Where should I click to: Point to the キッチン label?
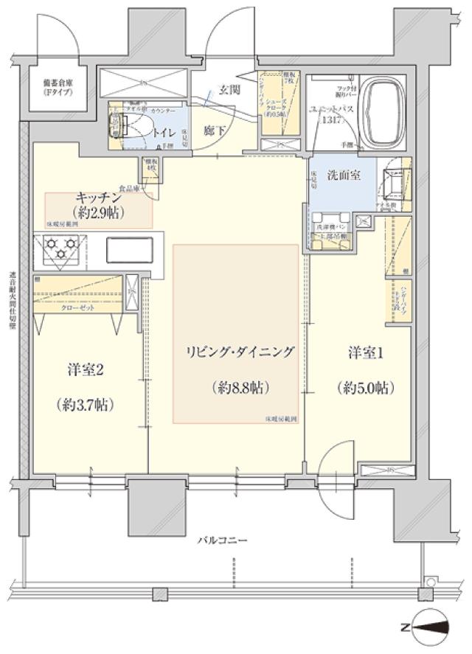click(x=99, y=198)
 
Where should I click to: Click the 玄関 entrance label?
click(x=229, y=91)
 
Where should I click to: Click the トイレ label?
click(x=164, y=132)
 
